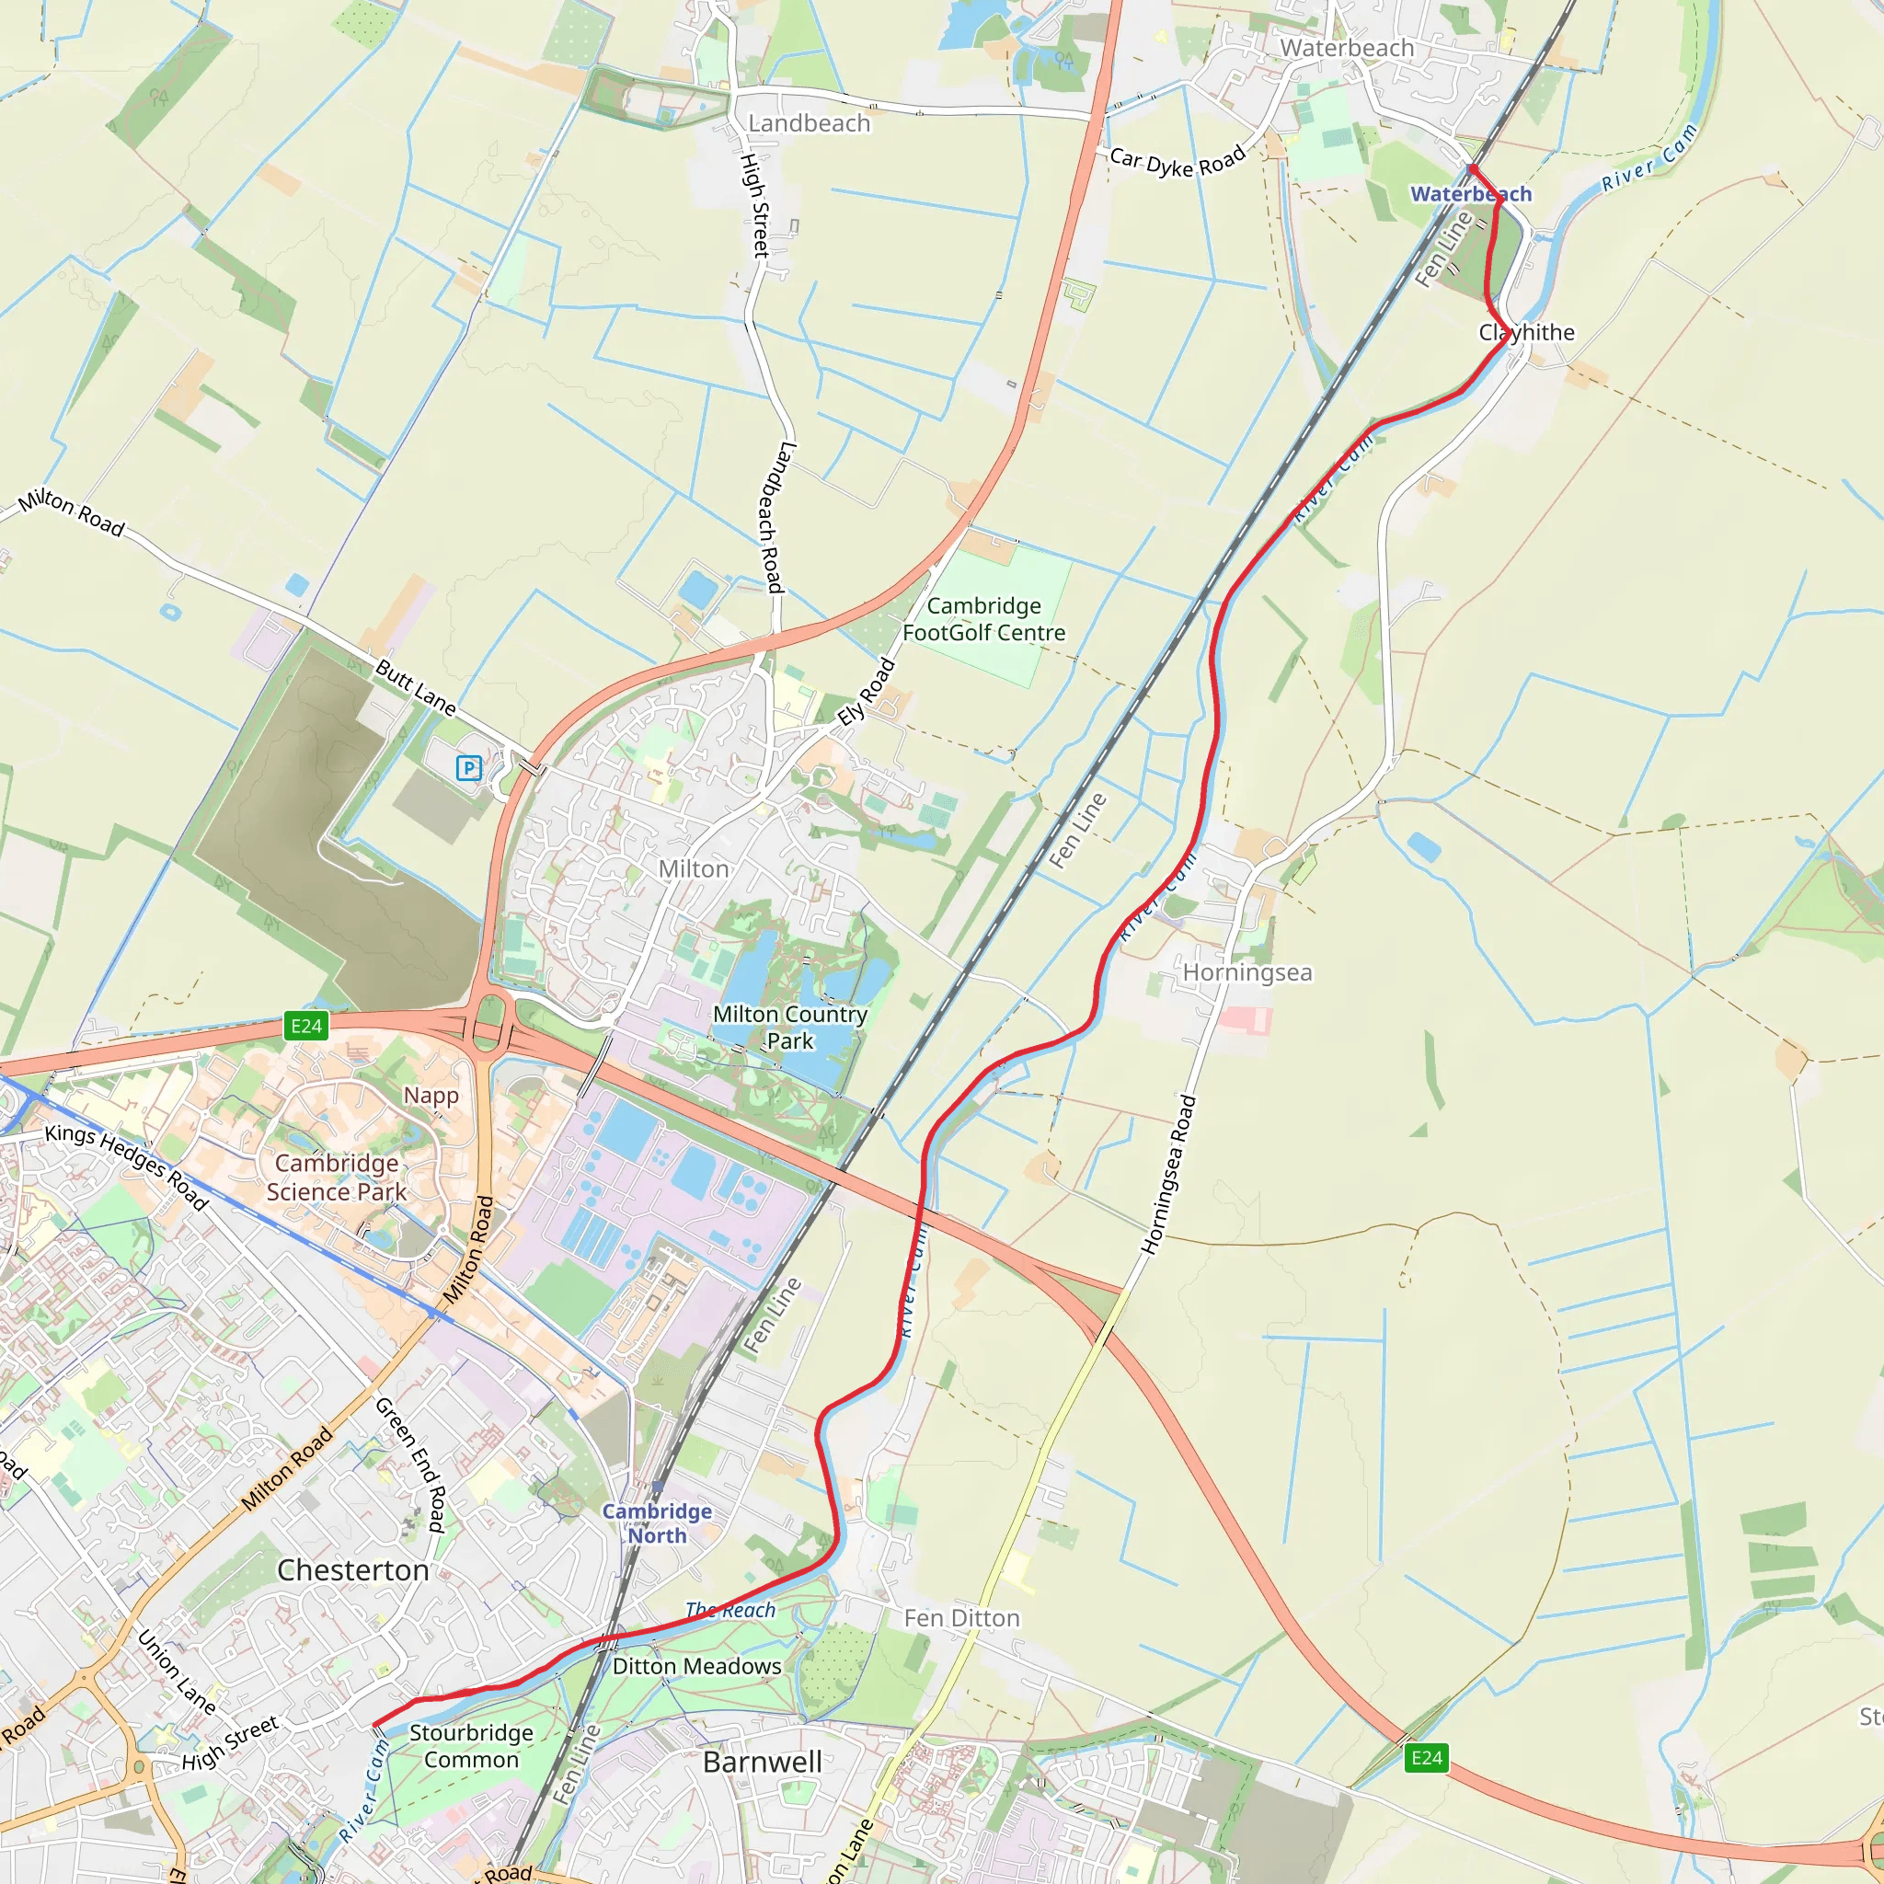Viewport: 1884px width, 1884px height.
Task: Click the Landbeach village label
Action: (809, 124)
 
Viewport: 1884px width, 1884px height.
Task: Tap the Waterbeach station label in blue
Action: (1471, 194)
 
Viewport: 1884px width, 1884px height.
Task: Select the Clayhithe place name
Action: (1526, 332)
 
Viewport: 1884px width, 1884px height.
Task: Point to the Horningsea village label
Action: (1247, 973)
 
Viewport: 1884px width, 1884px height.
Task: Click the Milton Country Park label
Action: (790, 1028)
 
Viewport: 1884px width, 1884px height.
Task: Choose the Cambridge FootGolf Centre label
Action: (983, 619)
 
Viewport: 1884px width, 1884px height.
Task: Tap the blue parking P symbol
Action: (469, 768)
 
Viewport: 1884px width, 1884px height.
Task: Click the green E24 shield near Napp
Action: (306, 1026)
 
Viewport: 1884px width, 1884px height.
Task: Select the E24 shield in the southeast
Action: (1427, 1758)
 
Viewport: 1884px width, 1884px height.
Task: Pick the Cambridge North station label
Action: (656, 1523)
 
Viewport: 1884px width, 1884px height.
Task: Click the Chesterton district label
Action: (353, 1570)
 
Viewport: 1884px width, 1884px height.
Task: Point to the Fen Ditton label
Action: (961, 1619)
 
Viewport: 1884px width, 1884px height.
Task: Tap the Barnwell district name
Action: (763, 1762)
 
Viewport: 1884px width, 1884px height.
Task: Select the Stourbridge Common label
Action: (471, 1745)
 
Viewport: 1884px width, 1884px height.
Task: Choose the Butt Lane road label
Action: (417, 688)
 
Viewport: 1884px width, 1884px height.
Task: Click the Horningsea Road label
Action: (1168, 1175)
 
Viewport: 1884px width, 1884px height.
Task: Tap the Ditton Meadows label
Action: (696, 1667)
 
